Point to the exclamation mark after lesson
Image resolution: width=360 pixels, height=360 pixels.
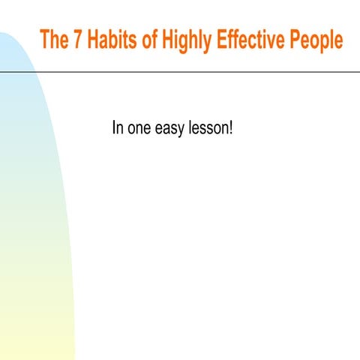[x=232, y=128]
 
